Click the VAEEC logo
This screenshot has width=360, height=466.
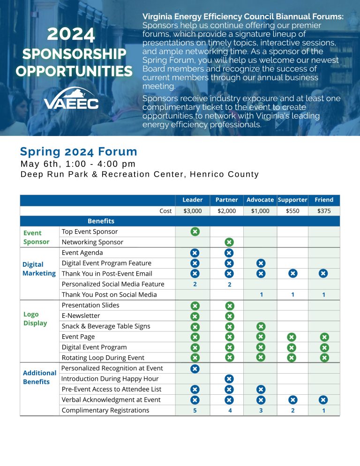tap(71, 98)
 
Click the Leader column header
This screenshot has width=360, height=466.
tap(193, 200)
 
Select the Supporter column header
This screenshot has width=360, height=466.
tap(292, 200)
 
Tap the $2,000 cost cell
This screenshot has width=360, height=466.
tap(227, 211)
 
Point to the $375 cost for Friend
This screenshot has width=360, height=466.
tap(324, 211)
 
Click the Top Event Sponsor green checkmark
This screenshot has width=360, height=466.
tap(195, 231)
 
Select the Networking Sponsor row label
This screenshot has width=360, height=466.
tap(92, 242)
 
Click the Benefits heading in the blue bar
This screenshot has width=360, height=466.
tap(101, 221)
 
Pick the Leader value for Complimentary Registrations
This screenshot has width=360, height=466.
tap(195, 410)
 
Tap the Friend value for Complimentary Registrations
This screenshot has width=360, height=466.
tap(323, 410)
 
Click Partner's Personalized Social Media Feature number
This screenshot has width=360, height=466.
tap(229, 284)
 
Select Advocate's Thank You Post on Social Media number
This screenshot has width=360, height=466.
tap(261, 295)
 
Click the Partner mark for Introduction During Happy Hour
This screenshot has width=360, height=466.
tap(229, 379)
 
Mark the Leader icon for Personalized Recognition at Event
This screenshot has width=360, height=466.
tap(195, 368)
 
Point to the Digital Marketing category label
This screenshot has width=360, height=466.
tap(39, 269)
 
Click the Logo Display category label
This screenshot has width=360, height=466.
tap(35, 319)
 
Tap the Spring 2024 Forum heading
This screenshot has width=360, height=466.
tap(78, 152)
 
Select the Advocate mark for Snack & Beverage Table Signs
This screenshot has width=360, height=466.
tap(261, 326)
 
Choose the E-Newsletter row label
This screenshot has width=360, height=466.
tap(81, 316)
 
